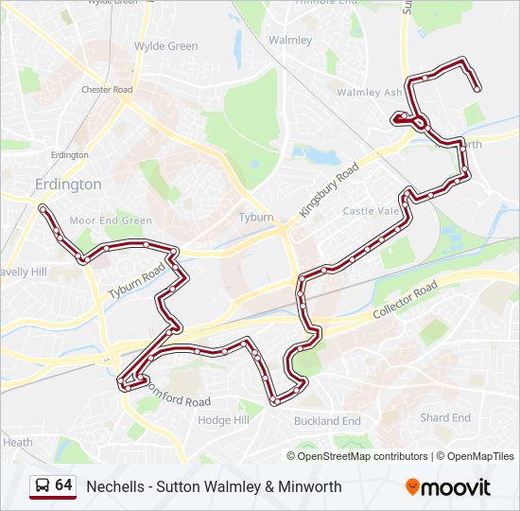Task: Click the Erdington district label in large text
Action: [x=67, y=184]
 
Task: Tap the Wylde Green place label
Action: [x=165, y=45]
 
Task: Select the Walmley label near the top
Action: [x=290, y=40]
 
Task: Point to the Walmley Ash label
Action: [x=371, y=93]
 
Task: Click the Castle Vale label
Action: [x=372, y=211]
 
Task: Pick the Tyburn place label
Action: [x=256, y=217]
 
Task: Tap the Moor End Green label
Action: [x=111, y=220]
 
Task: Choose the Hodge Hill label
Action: [x=223, y=419]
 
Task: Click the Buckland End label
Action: [x=327, y=421]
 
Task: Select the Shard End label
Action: [x=445, y=417]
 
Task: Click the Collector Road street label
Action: [x=406, y=300]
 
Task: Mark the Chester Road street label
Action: [x=107, y=90]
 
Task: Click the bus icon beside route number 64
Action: [x=43, y=486]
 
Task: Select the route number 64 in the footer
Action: [x=63, y=485]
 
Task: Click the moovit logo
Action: [x=448, y=487]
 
